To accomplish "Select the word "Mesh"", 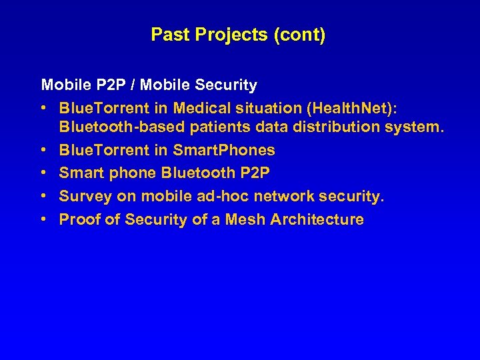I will [245, 219].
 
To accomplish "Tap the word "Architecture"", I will [317, 219].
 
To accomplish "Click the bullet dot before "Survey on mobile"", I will [44, 196].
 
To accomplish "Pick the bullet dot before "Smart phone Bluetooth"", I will [44, 173].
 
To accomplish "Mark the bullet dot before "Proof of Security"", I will [44, 219].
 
